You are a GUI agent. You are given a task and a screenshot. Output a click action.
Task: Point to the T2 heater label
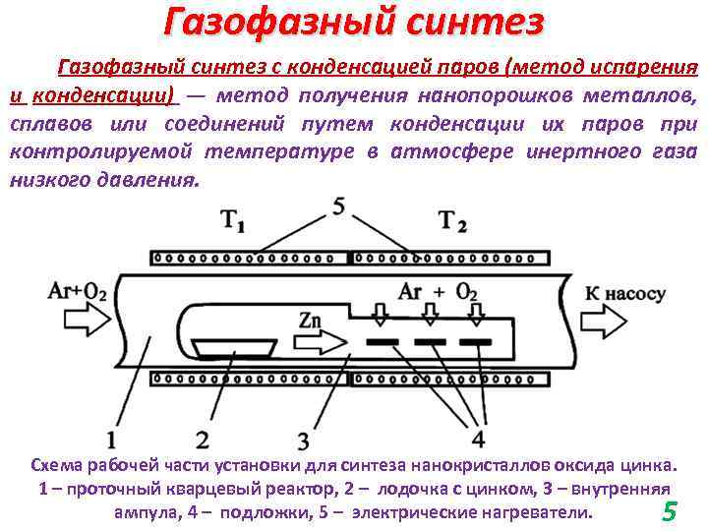point(452,222)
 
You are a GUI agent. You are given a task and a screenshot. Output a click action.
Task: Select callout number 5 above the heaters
point(338,206)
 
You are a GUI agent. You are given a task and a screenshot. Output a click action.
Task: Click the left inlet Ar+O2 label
point(77,293)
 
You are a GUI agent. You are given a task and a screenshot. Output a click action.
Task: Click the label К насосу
point(625,294)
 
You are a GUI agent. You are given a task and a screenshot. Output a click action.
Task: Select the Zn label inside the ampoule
point(312,323)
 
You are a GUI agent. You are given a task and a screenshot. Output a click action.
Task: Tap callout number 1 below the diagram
point(111,436)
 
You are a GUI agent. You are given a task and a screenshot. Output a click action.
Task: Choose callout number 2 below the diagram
point(201,436)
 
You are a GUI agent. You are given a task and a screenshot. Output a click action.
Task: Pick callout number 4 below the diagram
point(478,436)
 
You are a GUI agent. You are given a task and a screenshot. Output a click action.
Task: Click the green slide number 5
point(670,510)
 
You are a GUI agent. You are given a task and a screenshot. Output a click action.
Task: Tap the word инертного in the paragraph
point(559,152)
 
